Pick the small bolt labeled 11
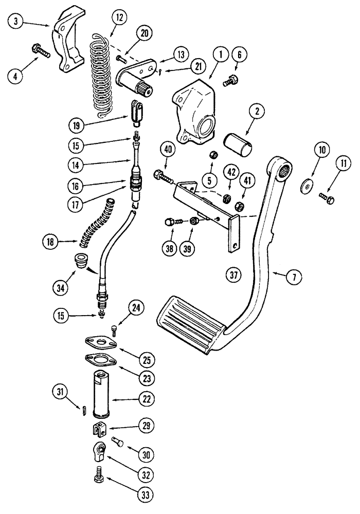click(328, 196)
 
